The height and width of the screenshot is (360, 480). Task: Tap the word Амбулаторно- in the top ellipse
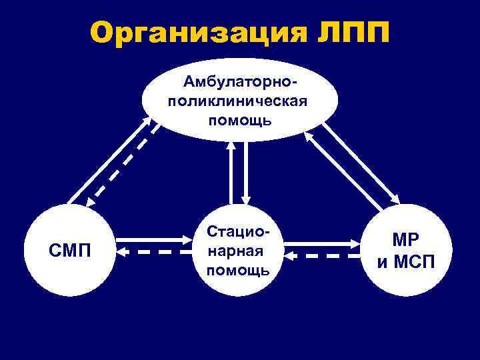(240, 83)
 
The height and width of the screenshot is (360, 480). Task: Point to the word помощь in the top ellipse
(239, 120)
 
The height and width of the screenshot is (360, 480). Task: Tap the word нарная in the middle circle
(237, 251)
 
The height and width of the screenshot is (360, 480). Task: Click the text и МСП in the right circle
(405, 260)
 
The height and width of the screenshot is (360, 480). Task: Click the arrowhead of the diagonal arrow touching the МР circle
(395, 199)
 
